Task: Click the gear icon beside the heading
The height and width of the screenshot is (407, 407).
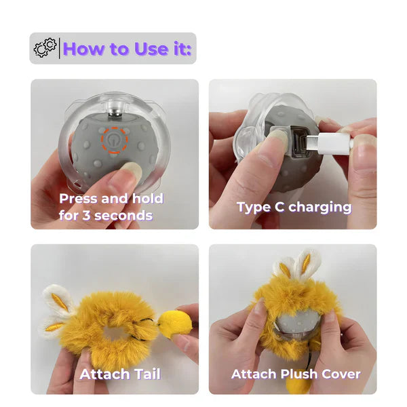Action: pyautogui.click(x=45, y=48)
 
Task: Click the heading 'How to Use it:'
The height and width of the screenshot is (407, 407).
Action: pyautogui.click(x=127, y=48)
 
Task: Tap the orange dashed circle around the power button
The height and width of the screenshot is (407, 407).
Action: pyautogui.click(x=115, y=140)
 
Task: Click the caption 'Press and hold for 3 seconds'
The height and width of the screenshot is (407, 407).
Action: pyautogui.click(x=111, y=207)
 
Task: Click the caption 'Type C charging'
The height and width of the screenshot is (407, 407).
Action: pyautogui.click(x=294, y=207)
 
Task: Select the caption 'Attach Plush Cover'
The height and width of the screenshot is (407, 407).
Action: pyautogui.click(x=296, y=374)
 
